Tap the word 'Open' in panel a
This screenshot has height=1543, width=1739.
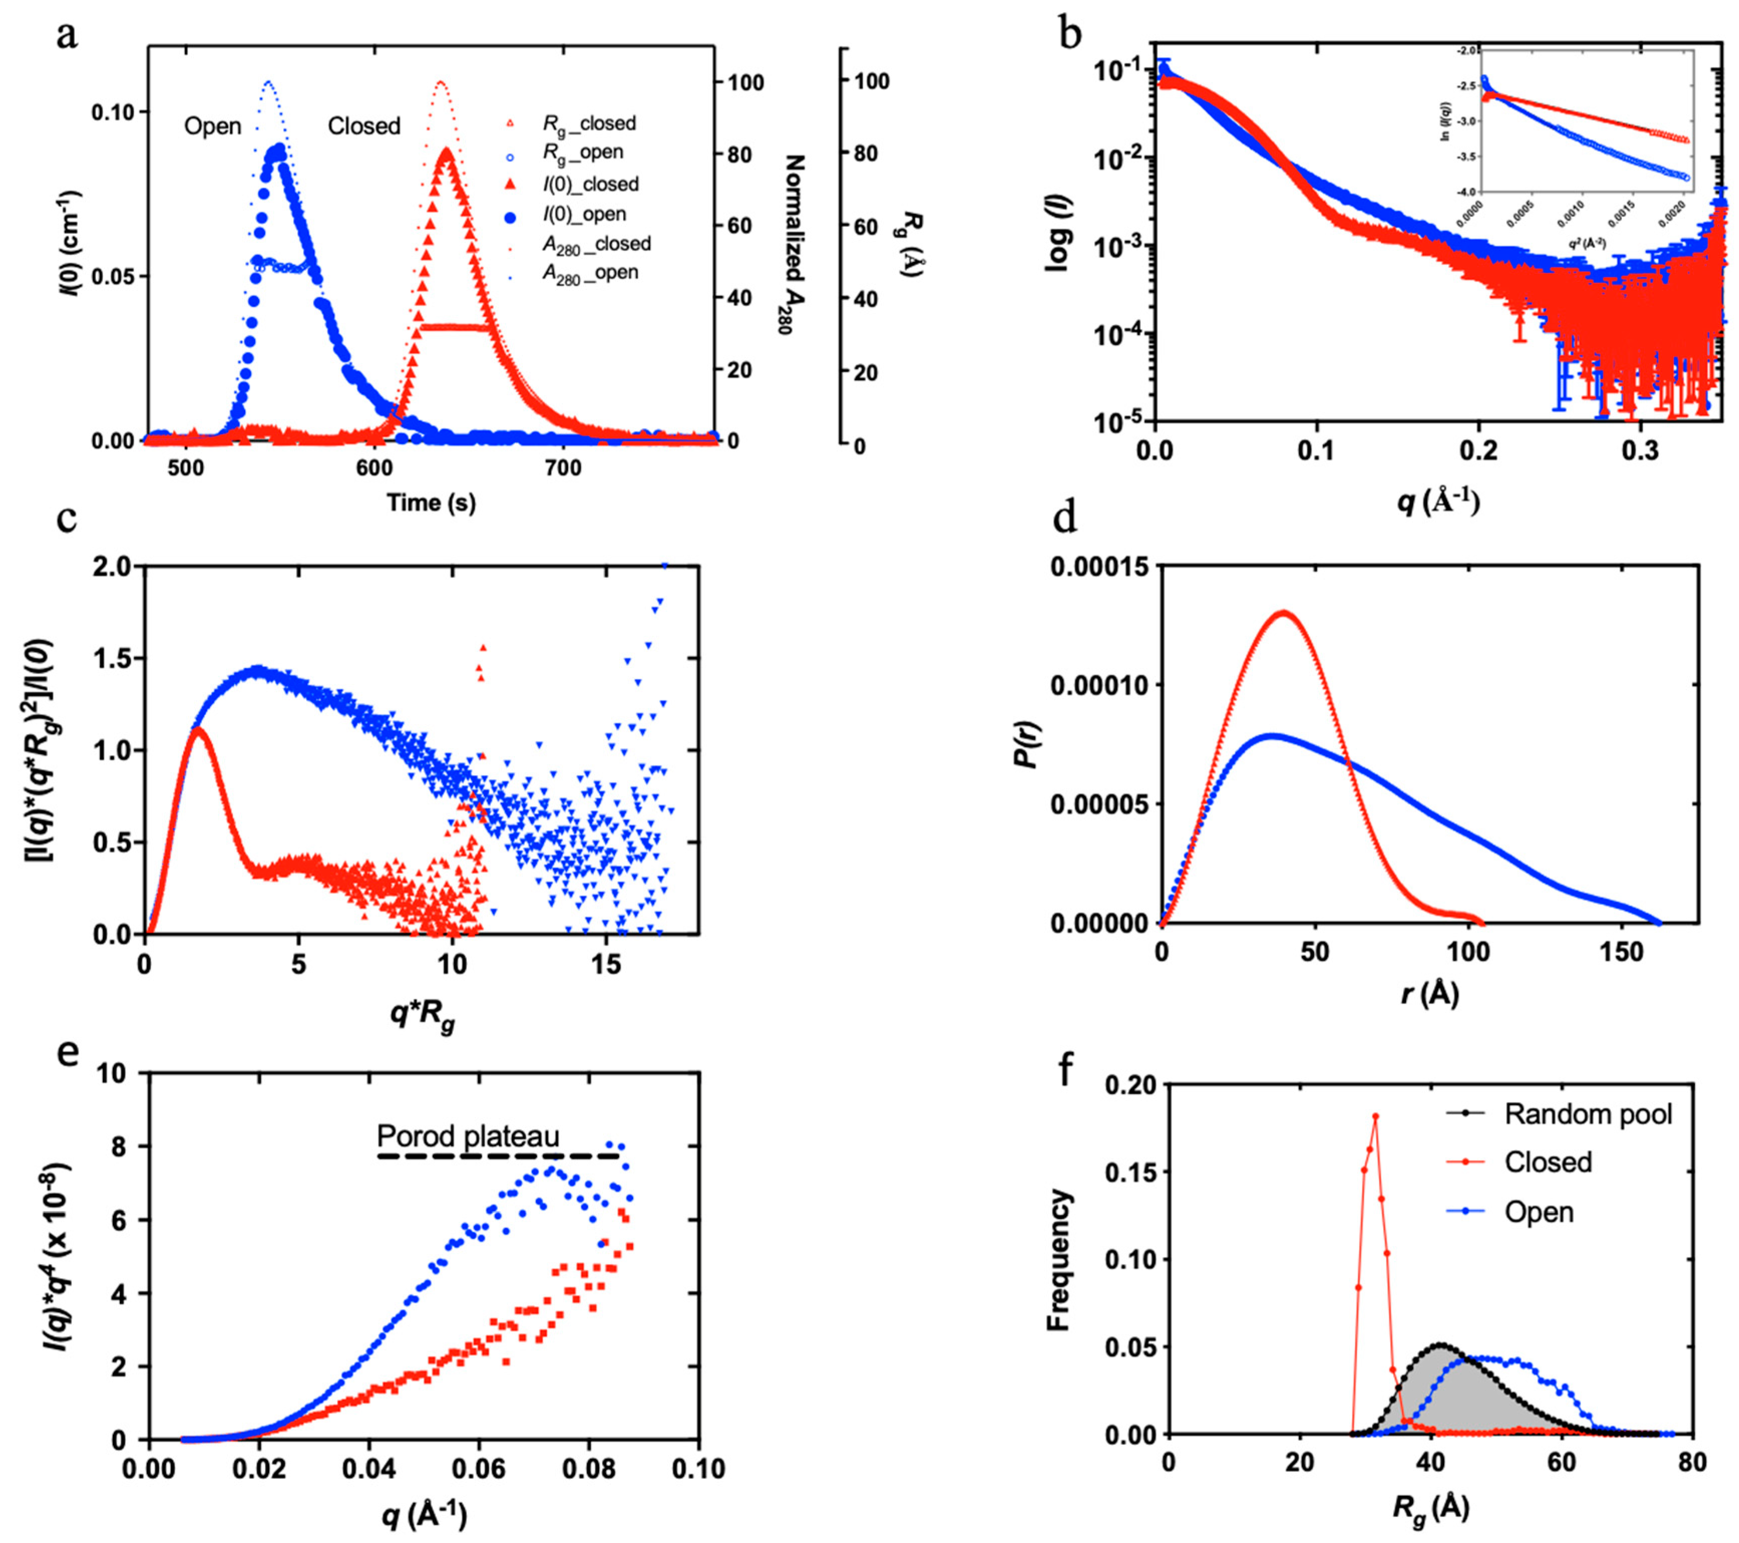213,127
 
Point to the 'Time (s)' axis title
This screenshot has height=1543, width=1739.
431,503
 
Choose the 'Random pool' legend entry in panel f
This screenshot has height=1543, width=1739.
1588,1114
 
